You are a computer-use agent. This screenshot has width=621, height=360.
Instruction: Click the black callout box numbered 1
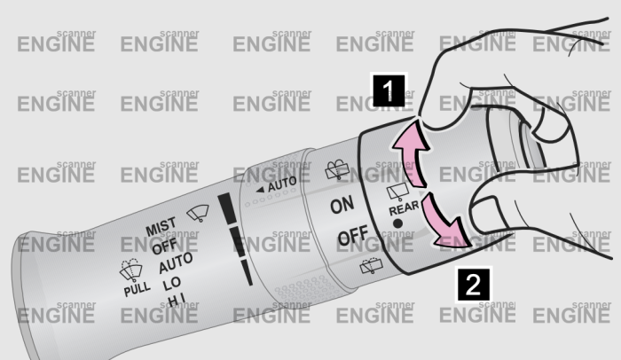point(389,91)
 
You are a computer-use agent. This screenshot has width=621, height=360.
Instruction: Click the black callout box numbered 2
point(474,285)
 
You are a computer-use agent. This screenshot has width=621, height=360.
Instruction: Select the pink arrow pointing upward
point(413,153)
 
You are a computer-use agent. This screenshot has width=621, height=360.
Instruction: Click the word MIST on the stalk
point(161,226)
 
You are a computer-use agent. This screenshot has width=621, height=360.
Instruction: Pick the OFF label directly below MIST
point(164,247)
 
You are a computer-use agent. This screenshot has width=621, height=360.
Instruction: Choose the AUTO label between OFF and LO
point(176,262)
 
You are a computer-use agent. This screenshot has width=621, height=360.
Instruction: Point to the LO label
point(171,284)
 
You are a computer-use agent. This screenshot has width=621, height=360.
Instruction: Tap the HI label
point(176,301)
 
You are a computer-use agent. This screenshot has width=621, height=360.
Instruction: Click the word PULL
point(137,289)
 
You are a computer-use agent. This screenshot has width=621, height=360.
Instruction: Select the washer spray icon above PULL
point(130,270)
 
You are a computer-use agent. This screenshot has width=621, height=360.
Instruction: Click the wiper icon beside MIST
point(198,213)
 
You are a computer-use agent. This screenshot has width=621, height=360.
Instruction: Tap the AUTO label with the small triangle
point(277,185)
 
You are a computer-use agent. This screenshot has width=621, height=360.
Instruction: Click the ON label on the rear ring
point(342,206)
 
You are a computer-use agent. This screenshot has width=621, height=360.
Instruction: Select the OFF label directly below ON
point(353,236)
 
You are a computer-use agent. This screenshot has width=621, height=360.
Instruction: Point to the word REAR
point(404,207)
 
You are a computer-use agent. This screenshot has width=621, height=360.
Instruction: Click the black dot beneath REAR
point(397,223)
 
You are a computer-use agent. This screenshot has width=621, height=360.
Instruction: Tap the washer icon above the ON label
point(337,169)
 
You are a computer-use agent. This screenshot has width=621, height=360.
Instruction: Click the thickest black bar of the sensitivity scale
point(228,208)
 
